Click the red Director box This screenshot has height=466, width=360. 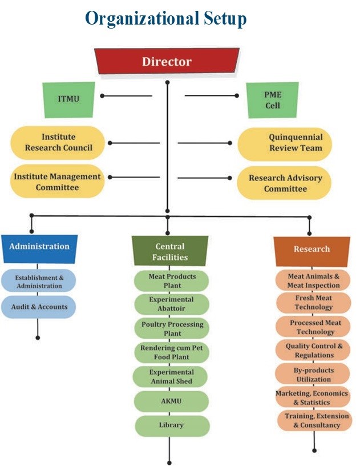pyautogui.click(x=167, y=62)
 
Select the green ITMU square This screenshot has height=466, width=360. pyautogui.click(x=68, y=99)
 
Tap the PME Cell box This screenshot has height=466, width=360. pyautogui.click(x=272, y=100)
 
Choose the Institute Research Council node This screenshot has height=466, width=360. pyautogui.click(x=59, y=143)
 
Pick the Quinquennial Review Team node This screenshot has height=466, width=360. pyautogui.click(x=284, y=143)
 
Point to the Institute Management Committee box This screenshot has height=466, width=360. pyautogui.click(x=57, y=182)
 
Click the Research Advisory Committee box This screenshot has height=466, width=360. pyautogui.click(x=285, y=183)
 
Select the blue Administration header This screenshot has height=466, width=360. pyautogui.click(x=39, y=247)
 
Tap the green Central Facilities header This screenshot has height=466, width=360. pyautogui.click(x=170, y=252)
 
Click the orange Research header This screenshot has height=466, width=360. pyautogui.click(x=312, y=249)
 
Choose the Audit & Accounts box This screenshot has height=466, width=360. pyautogui.click(x=39, y=307)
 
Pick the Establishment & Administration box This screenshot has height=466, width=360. pyautogui.click(x=39, y=281)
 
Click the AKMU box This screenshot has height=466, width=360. pyautogui.click(x=171, y=401)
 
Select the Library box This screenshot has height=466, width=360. pyautogui.click(x=171, y=425)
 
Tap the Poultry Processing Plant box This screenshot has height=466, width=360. pyautogui.click(x=171, y=328)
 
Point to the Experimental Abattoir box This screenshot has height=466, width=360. pyautogui.click(x=171, y=304)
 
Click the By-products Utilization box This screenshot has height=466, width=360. pyautogui.click(x=313, y=374)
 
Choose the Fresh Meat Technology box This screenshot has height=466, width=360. pyautogui.click(x=313, y=303)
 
